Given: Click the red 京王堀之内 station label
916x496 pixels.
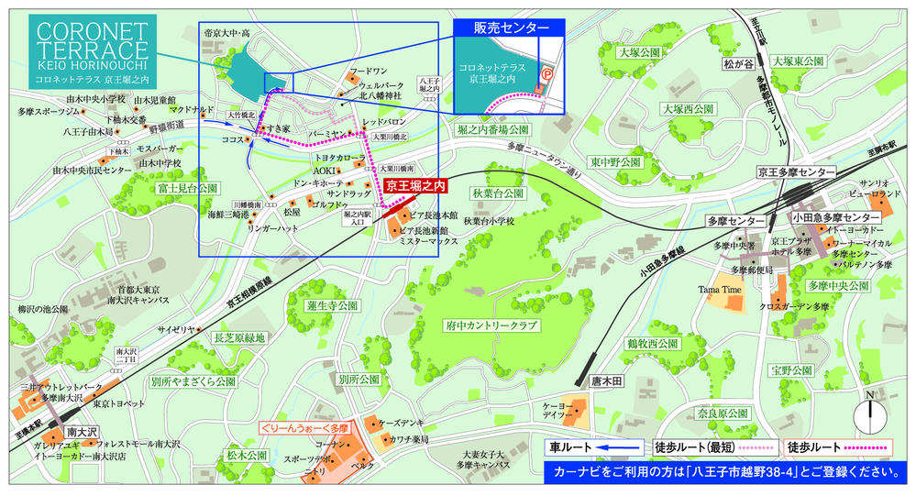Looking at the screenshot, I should [x=414, y=185].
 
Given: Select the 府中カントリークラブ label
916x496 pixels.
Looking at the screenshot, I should [x=492, y=324].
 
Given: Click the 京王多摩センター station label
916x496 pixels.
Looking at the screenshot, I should [x=795, y=172].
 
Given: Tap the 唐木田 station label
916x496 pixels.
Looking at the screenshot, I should [x=606, y=380].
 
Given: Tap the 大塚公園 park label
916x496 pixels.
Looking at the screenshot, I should [x=639, y=53].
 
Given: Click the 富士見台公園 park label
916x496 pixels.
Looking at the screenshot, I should [x=187, y=188].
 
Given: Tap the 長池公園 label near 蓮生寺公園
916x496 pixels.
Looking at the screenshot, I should [x=239, y=337].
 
